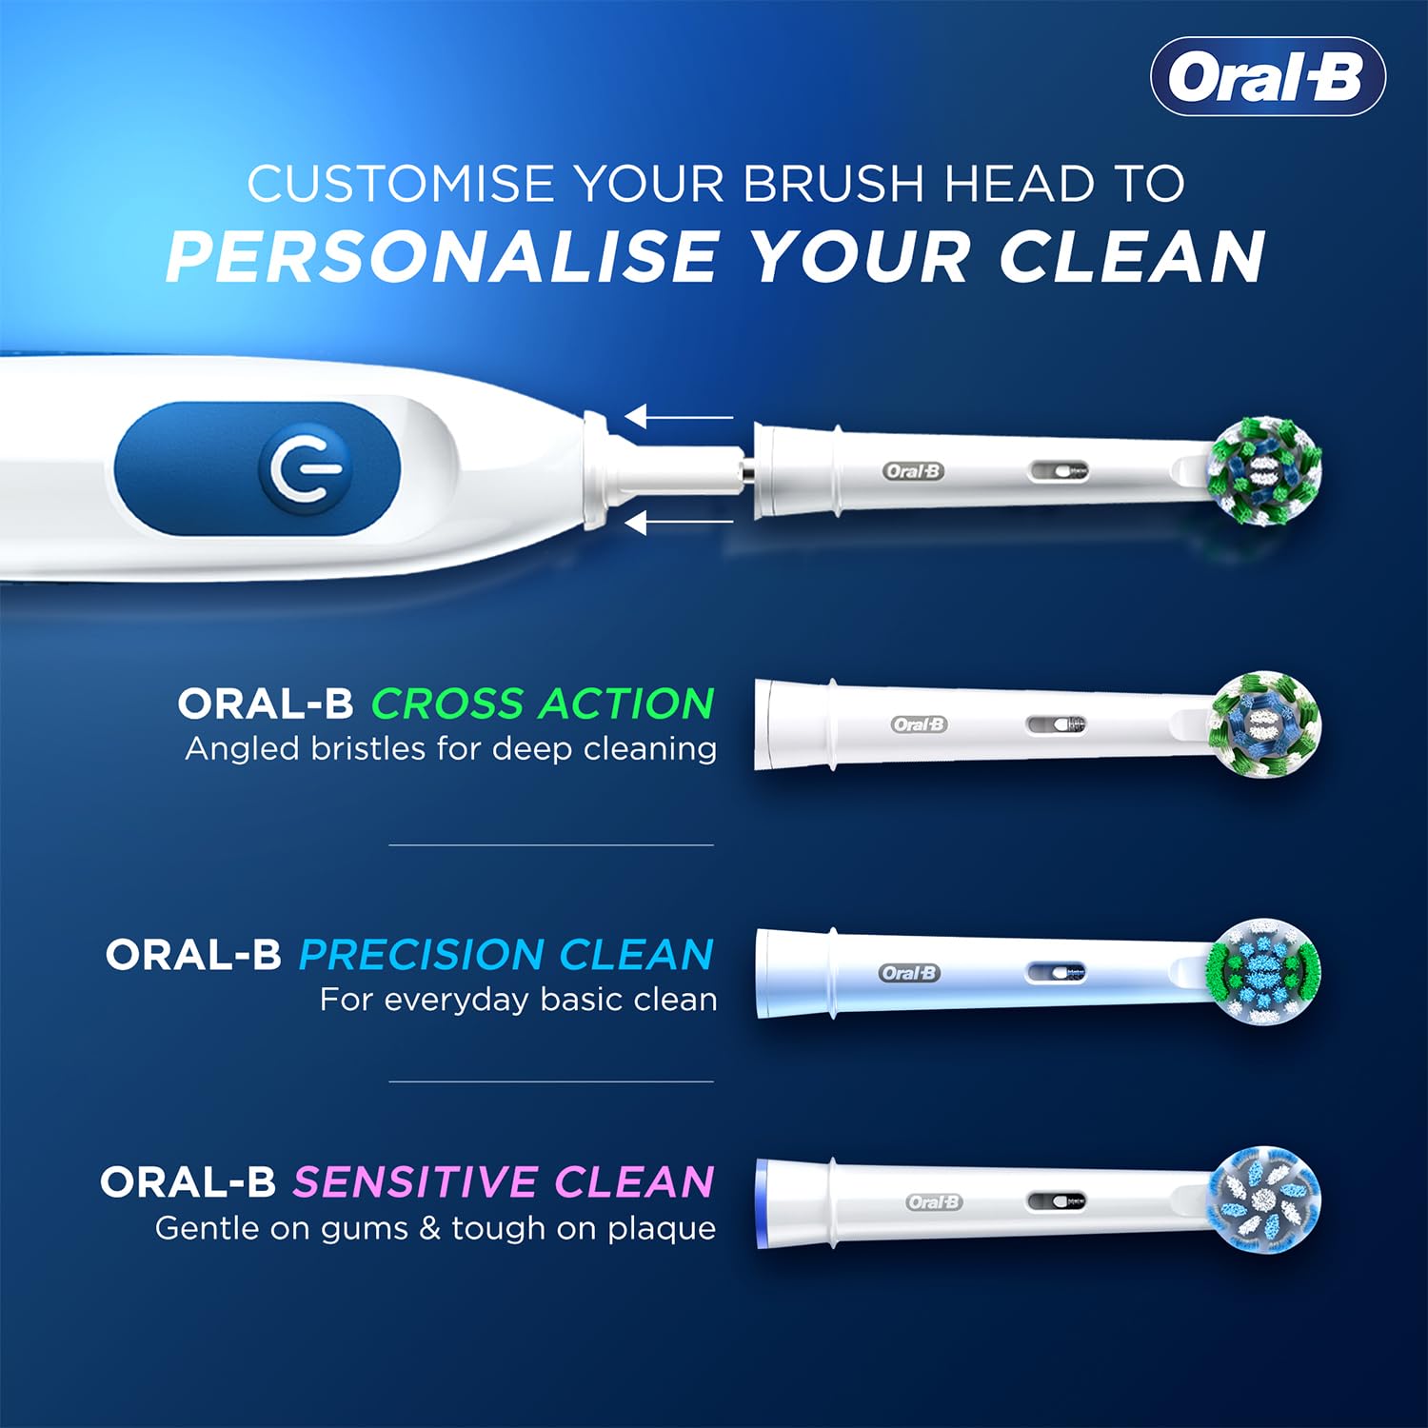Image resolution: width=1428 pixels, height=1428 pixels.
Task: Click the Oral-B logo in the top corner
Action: pyautogui.click(x=1267, y=77)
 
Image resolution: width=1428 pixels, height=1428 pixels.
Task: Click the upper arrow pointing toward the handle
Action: pyautogui.click(x=678, y=417)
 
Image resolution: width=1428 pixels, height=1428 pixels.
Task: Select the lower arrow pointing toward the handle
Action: pyautogui.click(x=678, y=522)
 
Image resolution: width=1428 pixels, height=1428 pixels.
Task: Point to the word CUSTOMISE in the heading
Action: pyautogui.click(x=400, y=184)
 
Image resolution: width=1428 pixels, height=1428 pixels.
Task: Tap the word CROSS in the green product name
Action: pyautogui.click(x=446, y=704)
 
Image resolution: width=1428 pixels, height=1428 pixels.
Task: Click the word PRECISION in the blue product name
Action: pyautogui.click(x=422, y=955)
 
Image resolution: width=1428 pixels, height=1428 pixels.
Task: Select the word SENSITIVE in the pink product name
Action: pyautogui.click(x=415, y=1182)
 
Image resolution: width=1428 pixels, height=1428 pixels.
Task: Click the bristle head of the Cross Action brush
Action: pyautogui.click(x=1264, y=724)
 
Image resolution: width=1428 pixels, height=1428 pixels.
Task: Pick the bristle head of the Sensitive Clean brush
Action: pyautogui.click(x=1264, y=1198)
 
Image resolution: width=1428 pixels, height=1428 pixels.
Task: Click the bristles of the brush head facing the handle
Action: pyautogui.click(x=1264, y=469)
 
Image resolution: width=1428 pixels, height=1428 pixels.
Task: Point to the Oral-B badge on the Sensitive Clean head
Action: pyautogui.click(x=933, y=1202)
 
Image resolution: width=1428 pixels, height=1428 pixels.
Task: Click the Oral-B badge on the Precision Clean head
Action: pyautogui.click(x=909, y=973)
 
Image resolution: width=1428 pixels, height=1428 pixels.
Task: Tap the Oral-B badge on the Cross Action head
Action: pyautogui.click(x=920, y=724)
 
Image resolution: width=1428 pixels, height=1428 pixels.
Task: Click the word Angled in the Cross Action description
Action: pyautogui.click(x=242, y=750)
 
